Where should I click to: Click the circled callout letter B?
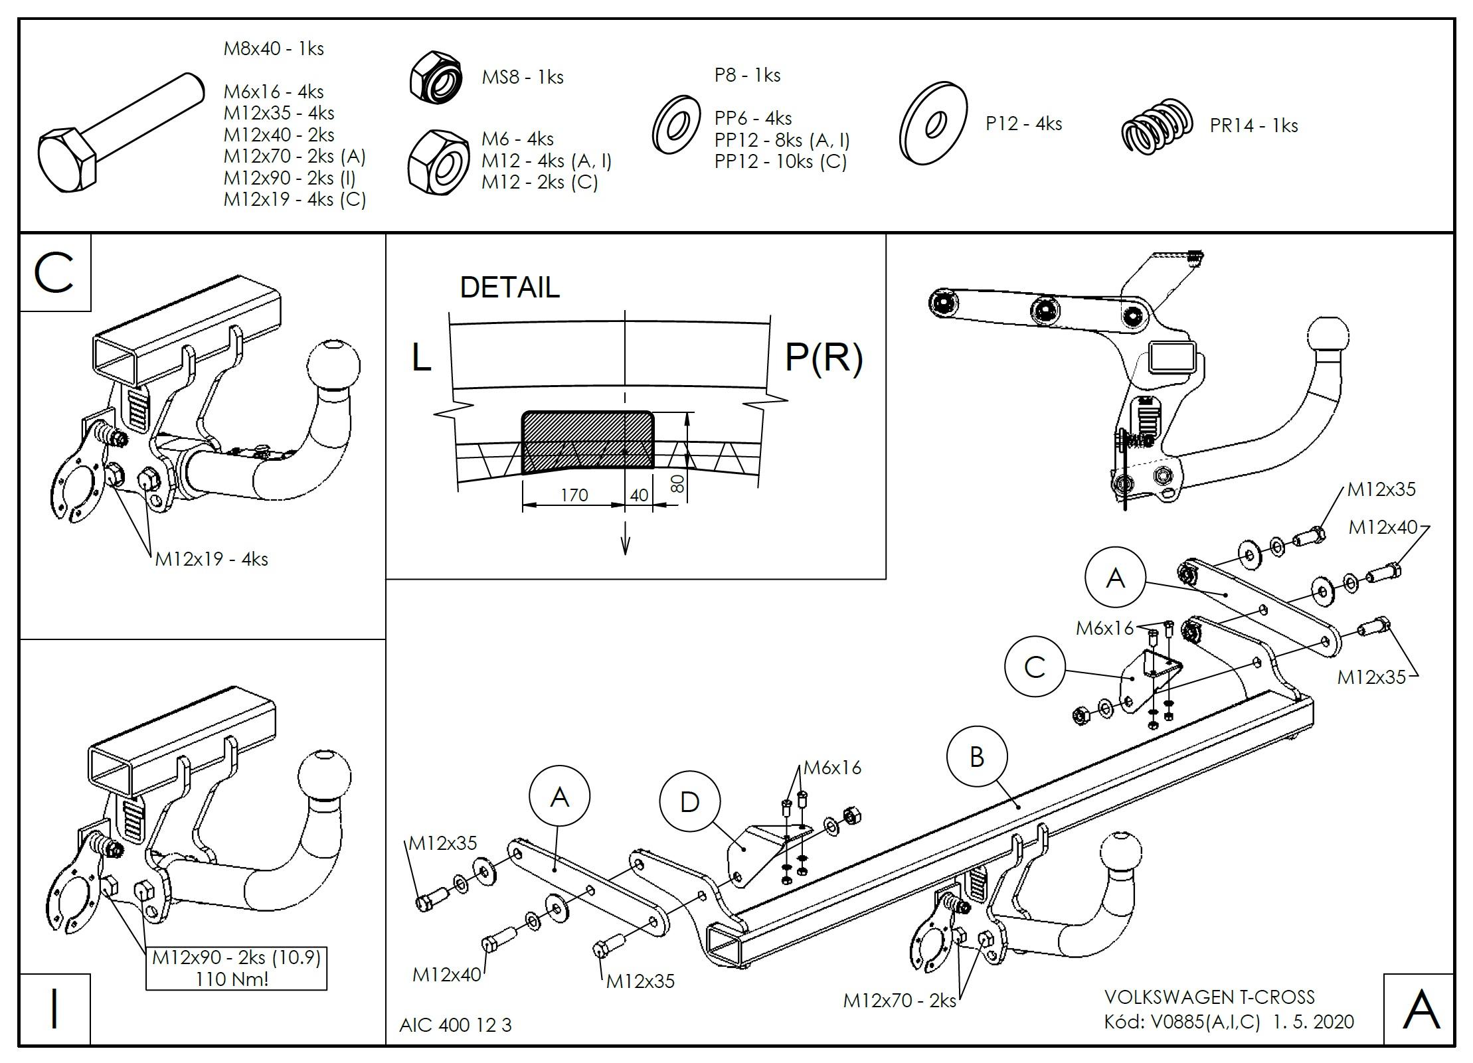click(976, 757)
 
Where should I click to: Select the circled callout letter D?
click(689, 802)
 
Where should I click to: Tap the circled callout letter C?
click(1035, 667)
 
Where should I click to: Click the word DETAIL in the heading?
click(509, 287)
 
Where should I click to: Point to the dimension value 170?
click(574, 495)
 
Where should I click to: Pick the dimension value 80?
click(677, 483)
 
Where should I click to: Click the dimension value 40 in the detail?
click(638, 495)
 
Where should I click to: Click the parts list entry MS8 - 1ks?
click(522, 78)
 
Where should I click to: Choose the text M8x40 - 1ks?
click(274, 49)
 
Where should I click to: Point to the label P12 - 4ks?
click(1023, 124)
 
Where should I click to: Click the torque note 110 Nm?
click(232, 979)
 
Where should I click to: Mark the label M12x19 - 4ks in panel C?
click(211, 559)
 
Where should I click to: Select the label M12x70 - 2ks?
click(899, 1001)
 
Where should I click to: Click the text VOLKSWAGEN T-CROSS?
click(1209, 997)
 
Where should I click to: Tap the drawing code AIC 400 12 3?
click(455, 1025)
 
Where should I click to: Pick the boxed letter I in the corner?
click(54, 1009)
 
